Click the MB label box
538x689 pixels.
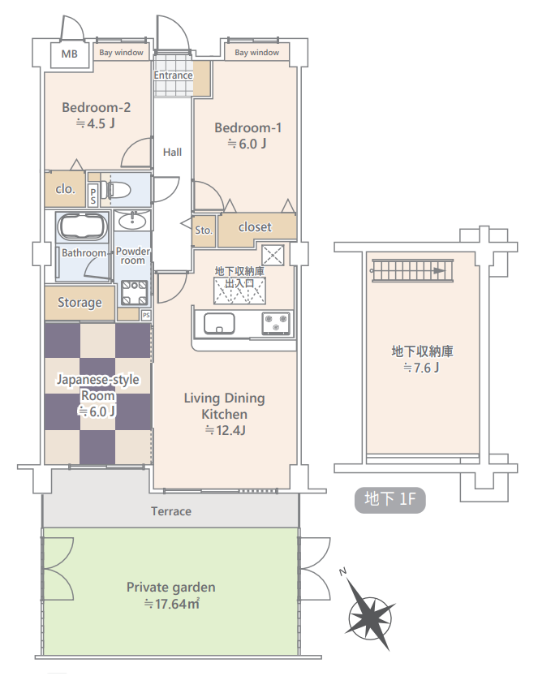(70, 54)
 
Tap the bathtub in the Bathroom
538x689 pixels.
(83, 227)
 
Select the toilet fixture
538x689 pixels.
(116, 190)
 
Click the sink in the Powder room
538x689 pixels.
(132, 220)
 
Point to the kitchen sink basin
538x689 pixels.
(219, 324)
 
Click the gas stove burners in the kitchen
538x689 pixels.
(276, 323)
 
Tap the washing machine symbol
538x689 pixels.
(134, 293)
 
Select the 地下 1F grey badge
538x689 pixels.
(390, 500)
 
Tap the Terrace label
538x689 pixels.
(171, 511)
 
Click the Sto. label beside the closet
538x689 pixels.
(204, 230)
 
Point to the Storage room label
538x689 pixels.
(80, 303)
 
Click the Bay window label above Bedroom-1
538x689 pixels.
(256, 52)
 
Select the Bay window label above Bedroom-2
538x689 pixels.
(122, 52)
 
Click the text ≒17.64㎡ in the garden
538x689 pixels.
(171, 604)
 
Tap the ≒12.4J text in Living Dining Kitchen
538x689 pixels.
(225, 430)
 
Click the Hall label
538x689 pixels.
(172, 152)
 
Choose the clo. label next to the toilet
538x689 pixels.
(65, 189)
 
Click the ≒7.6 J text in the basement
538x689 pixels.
(421, 368)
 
